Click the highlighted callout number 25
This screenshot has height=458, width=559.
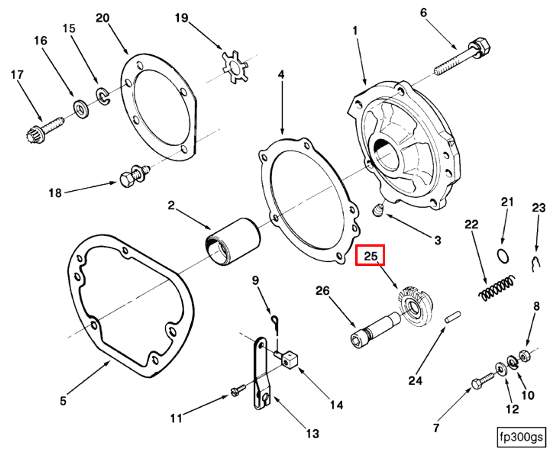click(370, 255)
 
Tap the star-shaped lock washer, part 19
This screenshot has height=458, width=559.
click(235, 68)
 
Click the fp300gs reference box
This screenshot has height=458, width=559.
click(521, 436)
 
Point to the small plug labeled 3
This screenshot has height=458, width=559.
click(378, 211)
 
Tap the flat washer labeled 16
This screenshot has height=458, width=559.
click(81, 109)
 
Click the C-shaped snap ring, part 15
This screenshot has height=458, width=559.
click(103, 96)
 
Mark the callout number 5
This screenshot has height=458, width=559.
click(63, 400)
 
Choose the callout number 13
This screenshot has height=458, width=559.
click(312, 433)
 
